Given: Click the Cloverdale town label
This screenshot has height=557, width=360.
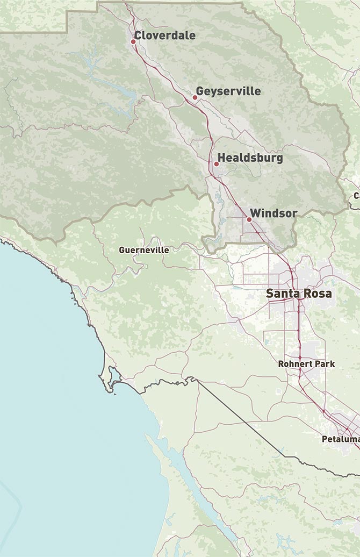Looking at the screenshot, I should coord(165,35).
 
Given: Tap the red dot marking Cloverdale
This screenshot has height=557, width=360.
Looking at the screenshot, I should coord(134,41).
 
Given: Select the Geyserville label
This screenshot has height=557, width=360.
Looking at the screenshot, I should coord(228,91).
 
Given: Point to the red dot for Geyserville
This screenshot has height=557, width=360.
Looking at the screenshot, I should coord(195,97).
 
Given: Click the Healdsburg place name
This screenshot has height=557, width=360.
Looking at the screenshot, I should coord(250,159).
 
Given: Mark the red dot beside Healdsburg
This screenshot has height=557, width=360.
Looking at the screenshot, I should coord(216,163).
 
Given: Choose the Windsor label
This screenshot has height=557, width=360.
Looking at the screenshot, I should coord(273,213).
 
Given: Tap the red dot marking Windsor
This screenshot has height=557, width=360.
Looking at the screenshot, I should coord(249,219).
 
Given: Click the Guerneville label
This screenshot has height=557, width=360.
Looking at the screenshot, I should coord(144,250).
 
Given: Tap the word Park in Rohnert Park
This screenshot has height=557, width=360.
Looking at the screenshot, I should coord(325,364).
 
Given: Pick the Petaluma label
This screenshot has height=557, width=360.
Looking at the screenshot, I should coord(341,439).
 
